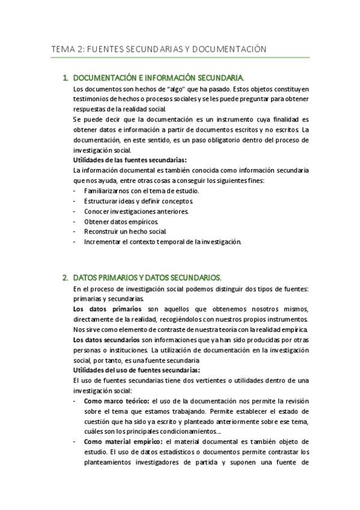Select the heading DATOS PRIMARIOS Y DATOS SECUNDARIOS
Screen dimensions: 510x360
pyautogui.click(x=147, y=278)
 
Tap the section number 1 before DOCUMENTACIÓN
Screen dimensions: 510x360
pyautogui.click(x=64, y=78)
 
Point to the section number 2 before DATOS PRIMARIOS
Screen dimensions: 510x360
pyautogui.click(x=64, y=278)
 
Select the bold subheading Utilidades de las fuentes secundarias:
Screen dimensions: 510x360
pyautogui.click(x=129, y=160)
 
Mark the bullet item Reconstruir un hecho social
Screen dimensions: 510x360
pyautogui.click(x=125, y=232)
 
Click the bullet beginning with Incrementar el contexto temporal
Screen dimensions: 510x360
pyautogui.click(x=162, y=242)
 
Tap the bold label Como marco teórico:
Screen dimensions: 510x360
pyautogui.click(x=117, y=401)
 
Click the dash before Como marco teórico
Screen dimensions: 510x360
pyautogui.click(x=74, y=401)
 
